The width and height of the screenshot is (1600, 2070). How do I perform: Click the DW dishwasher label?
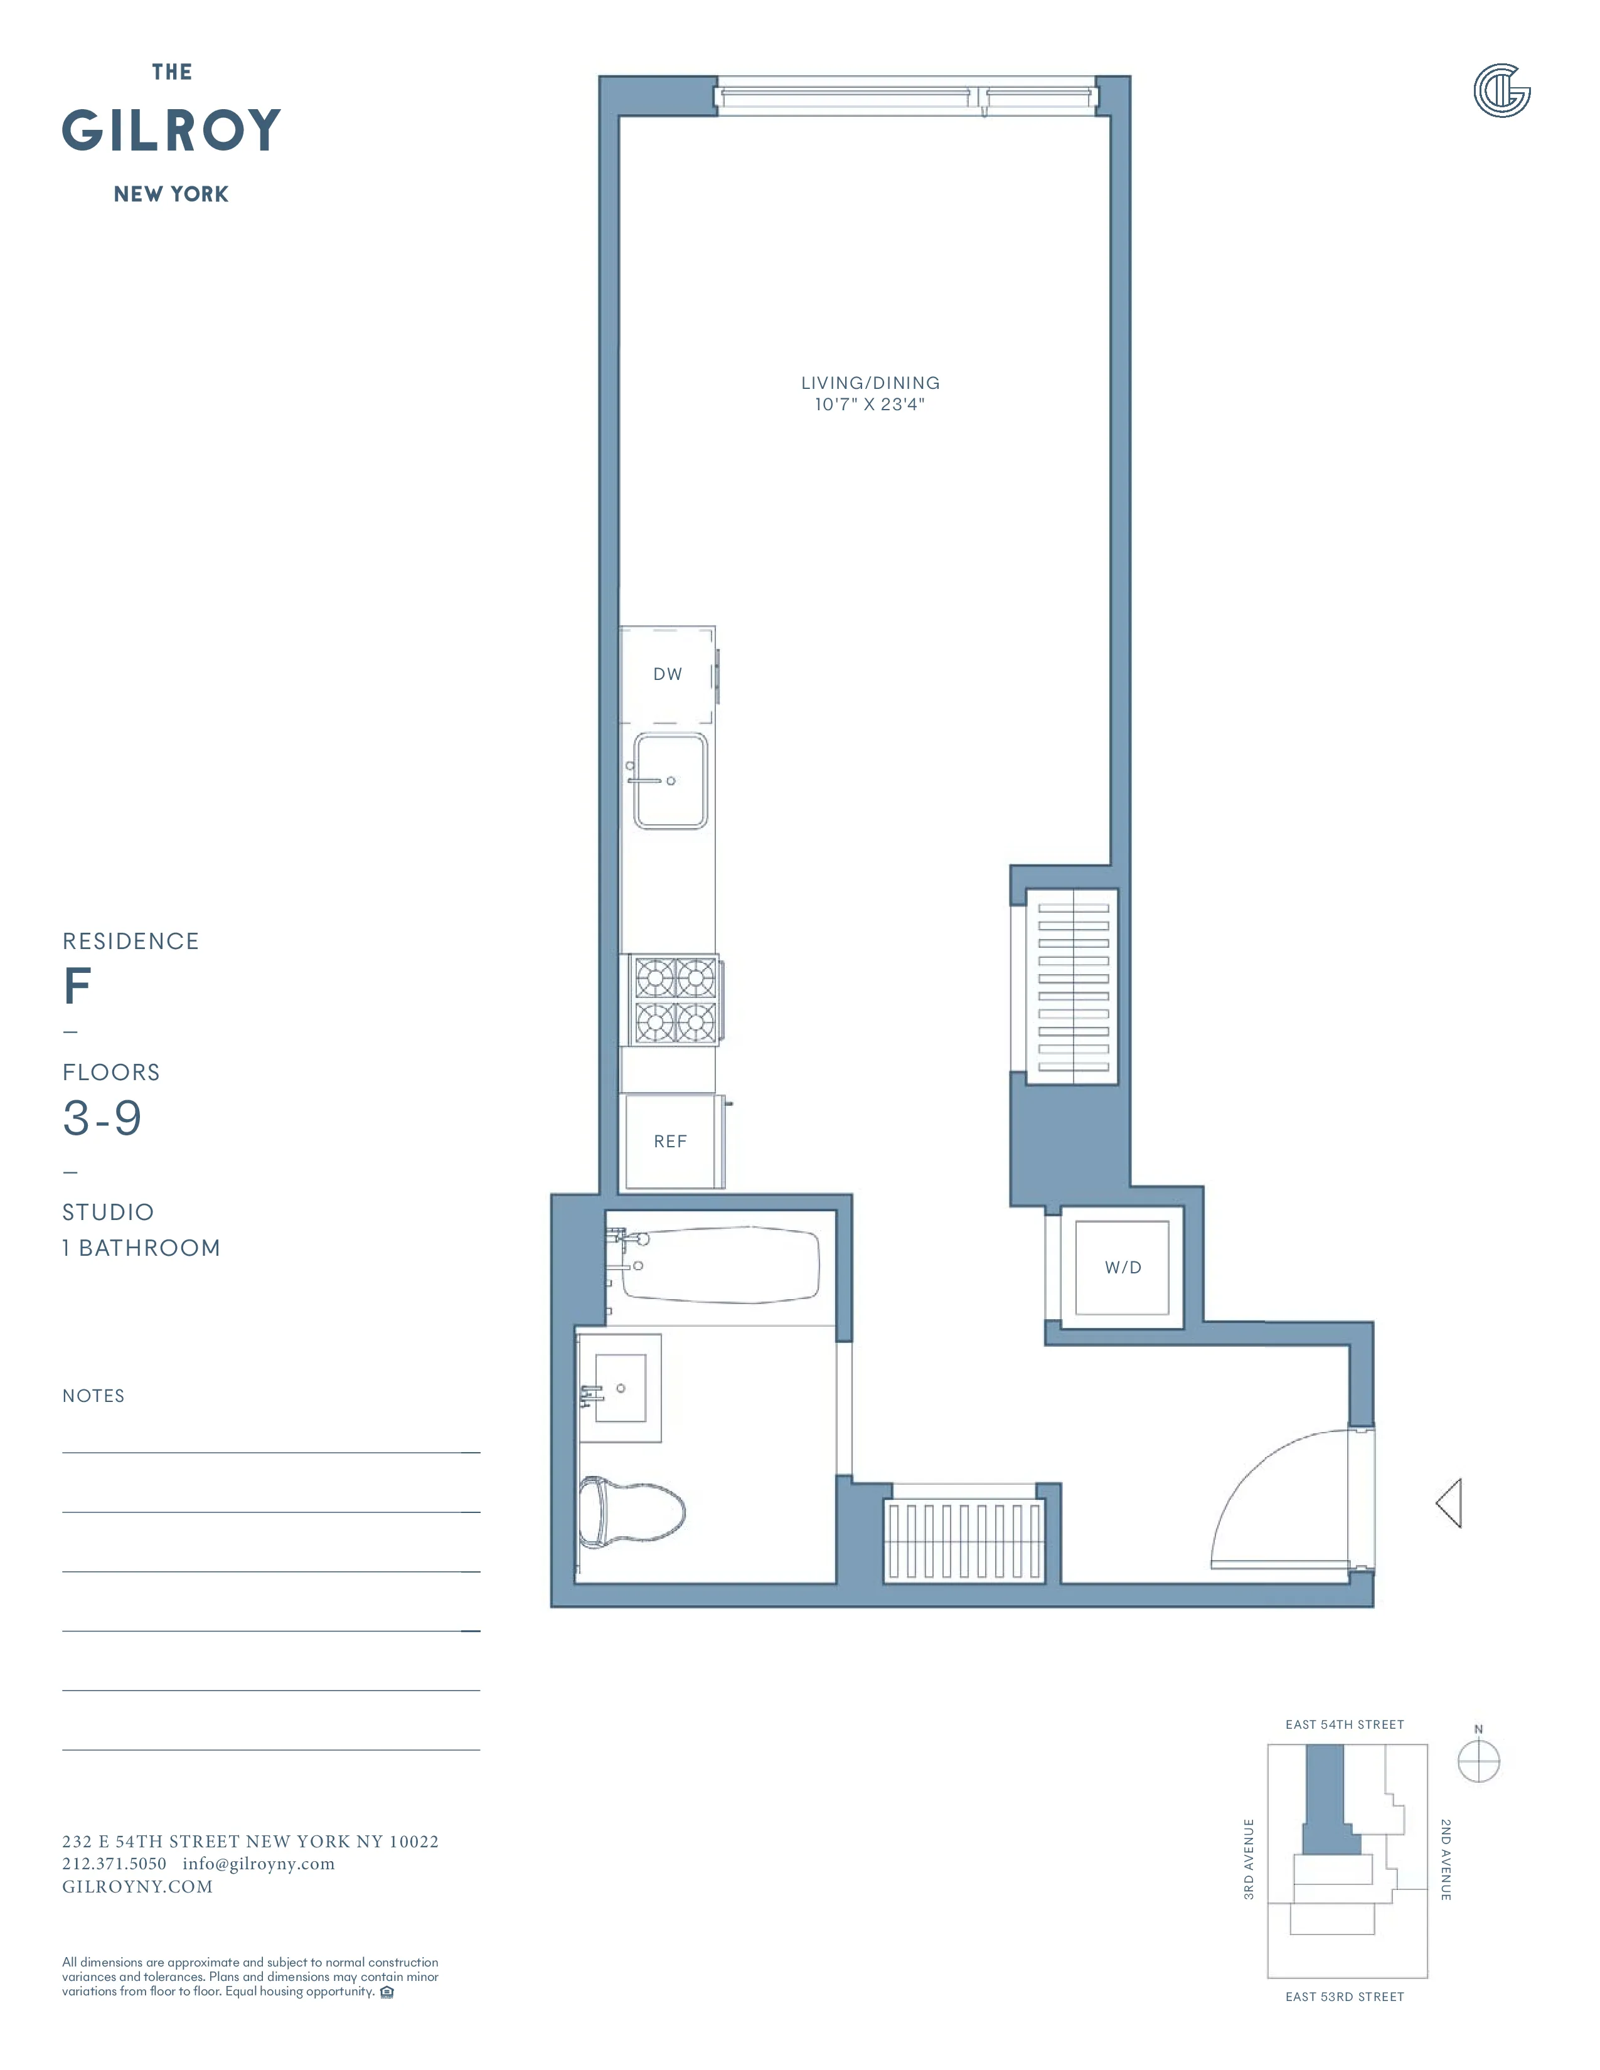tap(668, 674)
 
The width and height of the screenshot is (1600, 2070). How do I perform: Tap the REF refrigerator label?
tap(670, 1141)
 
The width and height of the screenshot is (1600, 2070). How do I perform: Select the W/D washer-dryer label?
tap(1123, 1267)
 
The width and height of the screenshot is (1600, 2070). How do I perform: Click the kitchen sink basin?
tap(670, 781)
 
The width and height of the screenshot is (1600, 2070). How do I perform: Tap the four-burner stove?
tap(675, 1000)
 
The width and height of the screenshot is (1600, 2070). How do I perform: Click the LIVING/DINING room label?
tap(870, 383)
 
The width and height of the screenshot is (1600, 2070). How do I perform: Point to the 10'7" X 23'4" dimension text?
tap(869, 405)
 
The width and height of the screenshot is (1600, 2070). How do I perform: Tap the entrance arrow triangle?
tap(1449, 1502)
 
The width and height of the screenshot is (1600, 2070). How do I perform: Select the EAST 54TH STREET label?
tap(1344, 1724)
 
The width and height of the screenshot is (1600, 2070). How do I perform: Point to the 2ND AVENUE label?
tap(1446, 1860)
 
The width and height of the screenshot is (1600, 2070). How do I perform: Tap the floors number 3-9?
tap(102, 1118)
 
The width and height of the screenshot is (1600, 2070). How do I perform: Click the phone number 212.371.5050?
tap(114, 1864)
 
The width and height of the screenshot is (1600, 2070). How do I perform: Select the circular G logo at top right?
tap(1501, 91)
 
